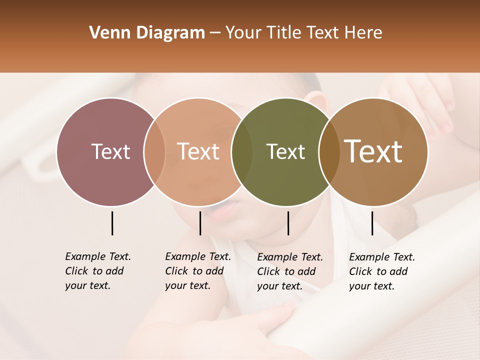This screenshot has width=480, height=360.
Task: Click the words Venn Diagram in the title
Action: pos(146,33)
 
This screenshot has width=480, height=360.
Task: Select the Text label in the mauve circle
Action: pos(110,151)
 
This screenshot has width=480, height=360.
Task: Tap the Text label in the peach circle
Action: pos(198,151)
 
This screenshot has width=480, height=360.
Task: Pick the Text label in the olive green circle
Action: pos(285,151)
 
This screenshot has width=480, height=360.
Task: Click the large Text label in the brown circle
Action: pos(373,151)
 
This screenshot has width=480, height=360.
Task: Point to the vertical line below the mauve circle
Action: pos(112,223)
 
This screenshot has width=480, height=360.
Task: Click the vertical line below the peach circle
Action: pos(200,223)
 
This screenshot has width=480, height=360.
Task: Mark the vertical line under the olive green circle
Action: pos(288,223)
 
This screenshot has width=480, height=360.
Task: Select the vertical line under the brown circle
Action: pos(372,223)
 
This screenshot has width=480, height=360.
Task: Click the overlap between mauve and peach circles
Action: pos(154,151)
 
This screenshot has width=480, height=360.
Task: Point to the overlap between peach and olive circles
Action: pos(242,151)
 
